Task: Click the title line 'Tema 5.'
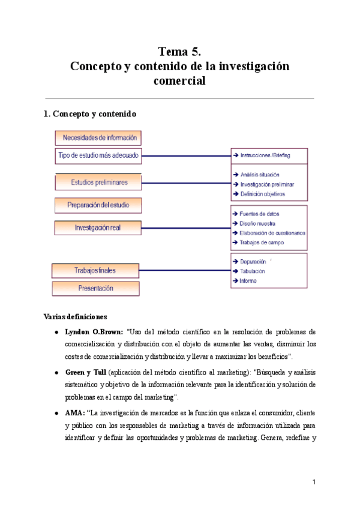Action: click(x=179, y=51)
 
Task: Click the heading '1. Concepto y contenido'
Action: click(x=94, y=113)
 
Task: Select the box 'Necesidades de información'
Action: click(x=100, y=137)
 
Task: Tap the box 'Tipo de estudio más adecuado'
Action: click(x=98, y=155)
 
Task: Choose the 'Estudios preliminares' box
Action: click(x=98, y=182)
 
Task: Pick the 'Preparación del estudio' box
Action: click(x=98, y=205)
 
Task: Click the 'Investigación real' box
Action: click(x=97, y=227)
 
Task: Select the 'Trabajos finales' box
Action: click(x=95, y=270)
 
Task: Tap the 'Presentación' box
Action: click(x=95, y=288)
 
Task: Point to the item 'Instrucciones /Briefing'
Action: click(x=265, y=155)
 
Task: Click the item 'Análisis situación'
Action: click(x=260, y=175)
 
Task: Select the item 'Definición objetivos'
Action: click(x=262, y=194)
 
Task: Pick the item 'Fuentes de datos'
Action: click(x=259, y=214)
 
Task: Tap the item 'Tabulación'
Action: click(x=252, y=271)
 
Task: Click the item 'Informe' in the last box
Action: click(x=248, y=281)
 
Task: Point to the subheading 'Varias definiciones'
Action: click(x=76, y=316)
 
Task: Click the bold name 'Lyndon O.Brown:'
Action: click(x=94, y=331)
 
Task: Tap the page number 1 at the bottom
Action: click(x=313, y=482)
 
